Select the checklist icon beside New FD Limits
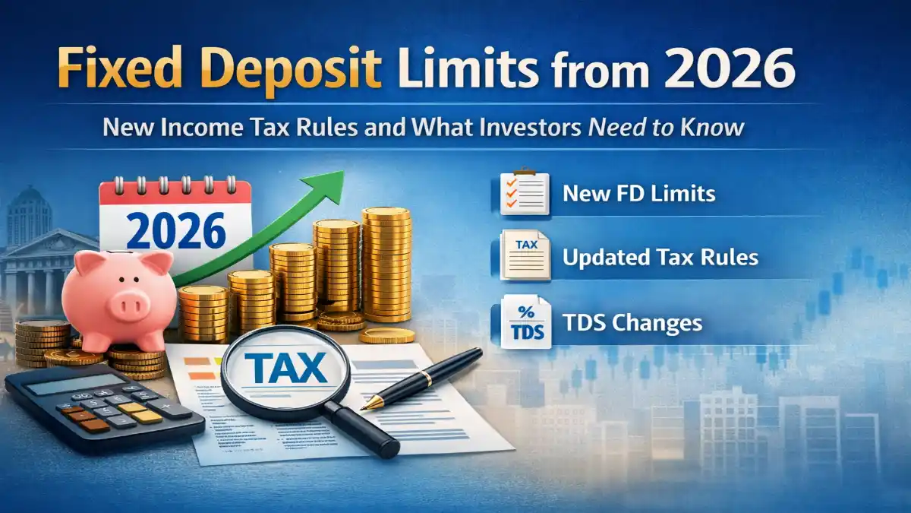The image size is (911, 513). (524, 192)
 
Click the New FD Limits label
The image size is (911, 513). (638, 193)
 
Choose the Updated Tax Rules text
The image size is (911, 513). (660, 257)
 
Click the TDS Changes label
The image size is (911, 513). (632, 322)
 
